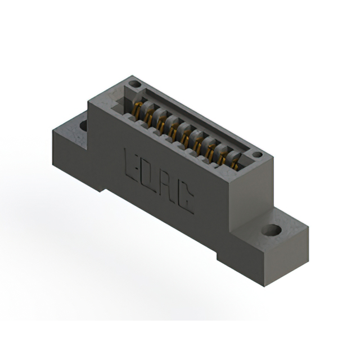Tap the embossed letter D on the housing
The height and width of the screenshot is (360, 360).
click(x=148, y=174)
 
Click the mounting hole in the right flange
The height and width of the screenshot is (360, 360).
click(x=272, y=230)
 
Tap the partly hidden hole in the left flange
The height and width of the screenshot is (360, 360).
click(x=83, y=125)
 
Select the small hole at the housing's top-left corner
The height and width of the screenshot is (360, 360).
click(x=133, y=84)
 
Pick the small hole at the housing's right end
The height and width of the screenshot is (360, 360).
click(x=256, y=155)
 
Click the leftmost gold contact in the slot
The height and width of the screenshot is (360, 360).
click(x=137, y=110)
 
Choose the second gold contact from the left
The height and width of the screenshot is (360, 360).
click(x=150, y=117)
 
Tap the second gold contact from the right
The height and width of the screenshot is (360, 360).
click(x=223, y=156)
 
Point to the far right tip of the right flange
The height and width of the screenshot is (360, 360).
click(x=308, y=228)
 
